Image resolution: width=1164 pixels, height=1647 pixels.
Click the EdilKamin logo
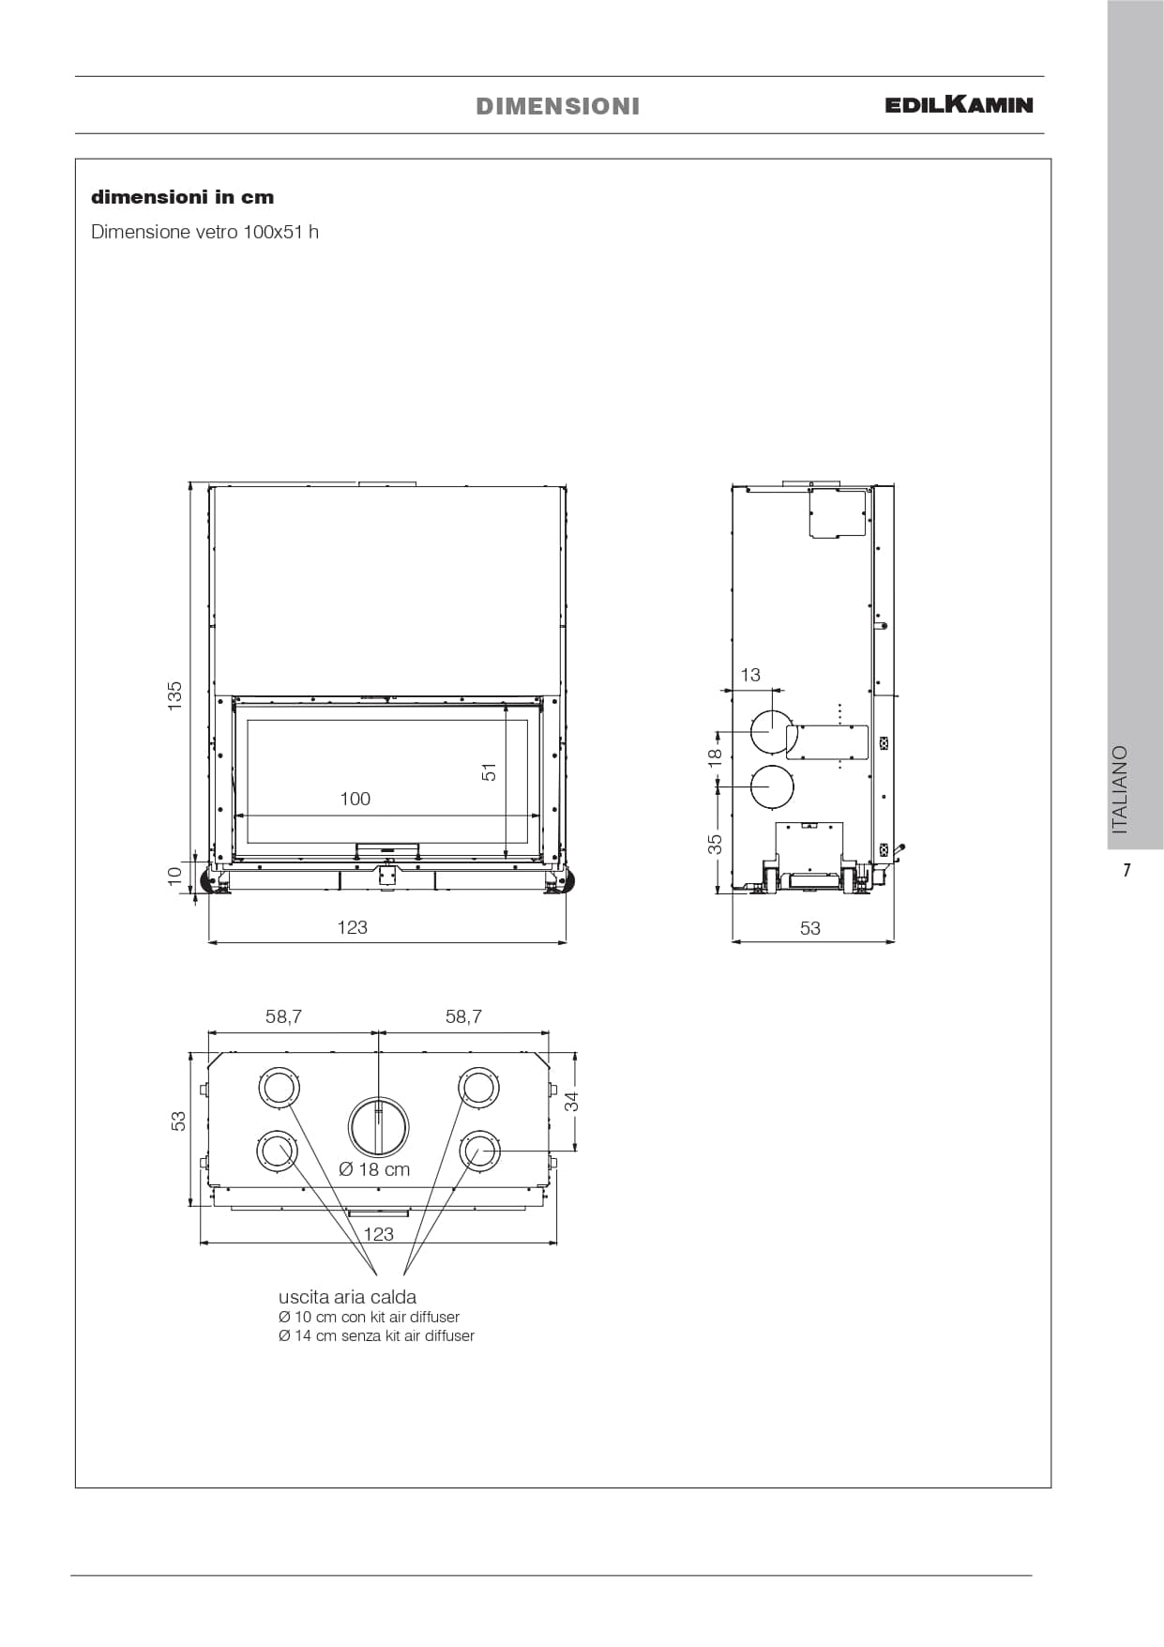click(959, 104)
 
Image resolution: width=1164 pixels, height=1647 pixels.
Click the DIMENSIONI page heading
click(558, 106)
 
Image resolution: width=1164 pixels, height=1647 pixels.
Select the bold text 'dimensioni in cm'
click(183, 197)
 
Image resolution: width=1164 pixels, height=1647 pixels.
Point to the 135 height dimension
click(175, 695)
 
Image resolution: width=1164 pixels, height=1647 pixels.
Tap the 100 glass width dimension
click(355, 799)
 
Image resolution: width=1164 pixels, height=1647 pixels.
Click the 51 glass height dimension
click(489, 771)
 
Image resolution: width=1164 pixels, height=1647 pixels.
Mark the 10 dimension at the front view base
click(174, 874)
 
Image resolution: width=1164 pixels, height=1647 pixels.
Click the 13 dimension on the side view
click(750, 675)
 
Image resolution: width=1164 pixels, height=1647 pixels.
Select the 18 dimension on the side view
click(714, 755)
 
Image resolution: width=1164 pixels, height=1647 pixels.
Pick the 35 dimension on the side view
click(715, 844)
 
